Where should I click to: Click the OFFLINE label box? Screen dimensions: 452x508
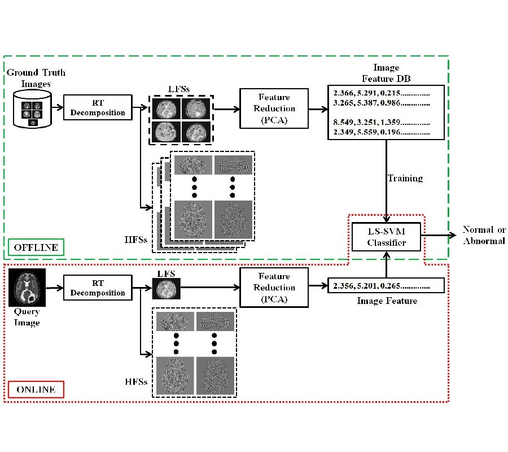(x=36, y=247)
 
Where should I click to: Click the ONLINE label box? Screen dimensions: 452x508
(x=36, y=389)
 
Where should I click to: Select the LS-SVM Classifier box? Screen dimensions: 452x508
(x=387, y=237)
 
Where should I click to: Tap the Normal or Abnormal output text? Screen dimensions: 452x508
(x=484, y=235)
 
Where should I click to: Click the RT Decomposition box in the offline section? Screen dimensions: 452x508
(x=98, y=107)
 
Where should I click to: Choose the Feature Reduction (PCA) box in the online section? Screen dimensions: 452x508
(x=274, y=288)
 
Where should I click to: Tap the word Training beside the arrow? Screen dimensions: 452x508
(x=405, y=179)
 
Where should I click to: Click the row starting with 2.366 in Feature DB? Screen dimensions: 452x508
(x=382, y=93)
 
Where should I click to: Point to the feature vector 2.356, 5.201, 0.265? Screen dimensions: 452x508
(x=382, y=286)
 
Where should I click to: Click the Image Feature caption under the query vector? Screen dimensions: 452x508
(x=387, y=301)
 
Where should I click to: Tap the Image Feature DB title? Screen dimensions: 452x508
(x=386, y=72)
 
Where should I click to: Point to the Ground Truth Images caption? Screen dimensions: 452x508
(x=36, y=78)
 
